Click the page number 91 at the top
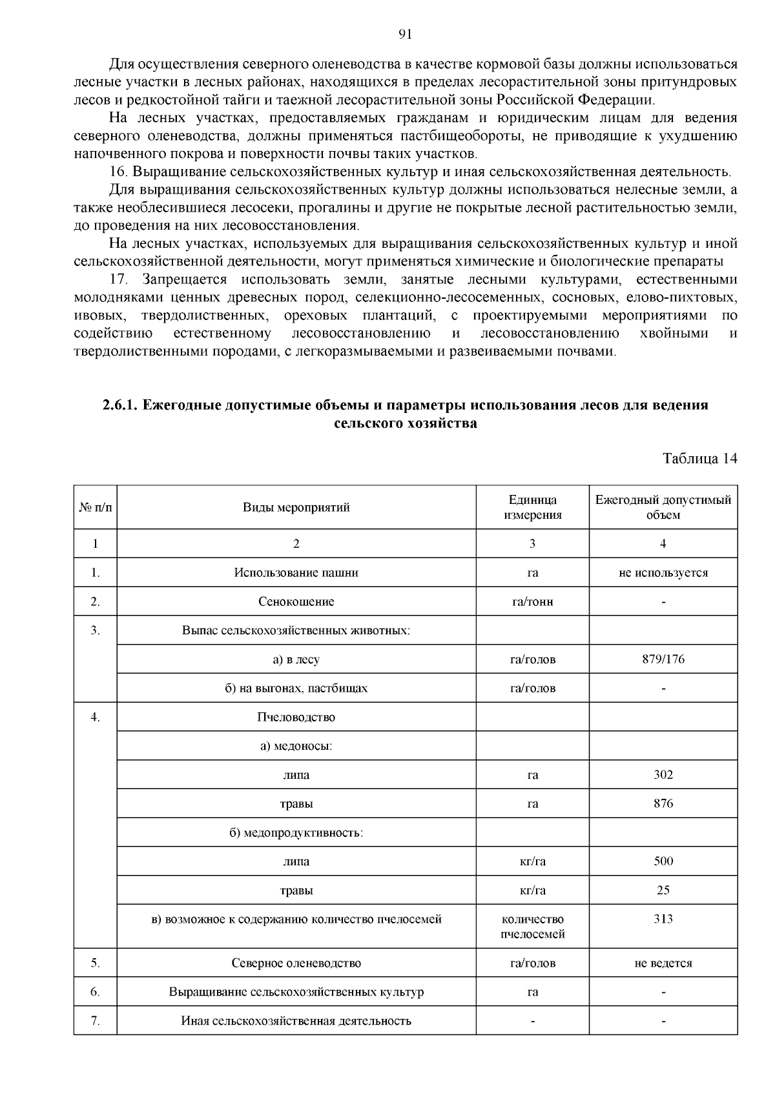406,35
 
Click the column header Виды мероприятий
296,507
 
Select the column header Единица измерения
532,507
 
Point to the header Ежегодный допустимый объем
663,507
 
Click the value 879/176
663,659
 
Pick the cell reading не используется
663,572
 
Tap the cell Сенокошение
296,601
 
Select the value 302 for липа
663,774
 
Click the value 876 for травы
663,803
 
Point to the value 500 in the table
663,861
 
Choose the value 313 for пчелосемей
663,919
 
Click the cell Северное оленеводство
296,963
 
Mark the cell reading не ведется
663,963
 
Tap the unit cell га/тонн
532,601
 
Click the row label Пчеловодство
296,717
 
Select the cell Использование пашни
296,572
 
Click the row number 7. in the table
95,1020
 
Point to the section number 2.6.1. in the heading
120,405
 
